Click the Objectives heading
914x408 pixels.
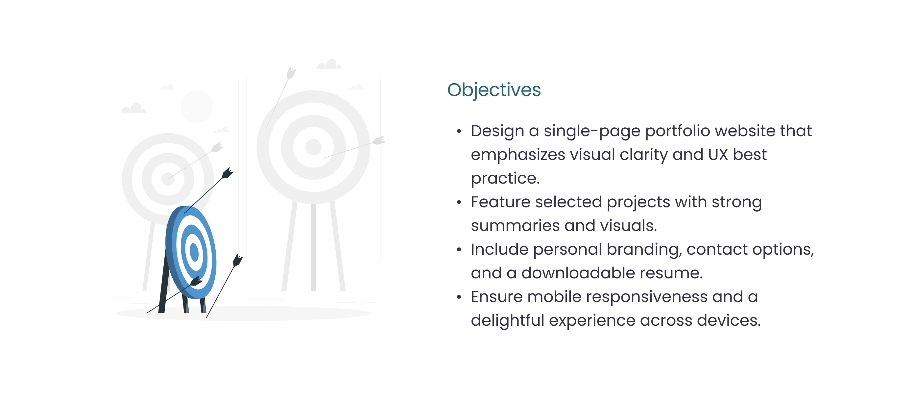pos(494,90)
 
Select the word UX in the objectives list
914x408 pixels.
pos(718,154)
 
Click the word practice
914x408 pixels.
pos(505,178)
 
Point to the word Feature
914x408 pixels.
pos(501,202)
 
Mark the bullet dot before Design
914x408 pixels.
pos(459,131)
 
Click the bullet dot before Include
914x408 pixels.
pos(459,250)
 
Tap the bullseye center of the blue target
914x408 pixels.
pos(194,252)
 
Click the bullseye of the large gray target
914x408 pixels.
pos(313,147)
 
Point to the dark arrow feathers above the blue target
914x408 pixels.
pos(228,173)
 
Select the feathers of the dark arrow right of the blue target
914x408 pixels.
pos(237,260)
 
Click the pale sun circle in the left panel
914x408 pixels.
pos(197,106)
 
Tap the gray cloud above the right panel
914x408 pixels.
pos(328,64)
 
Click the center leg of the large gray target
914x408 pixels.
pos(313,247)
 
